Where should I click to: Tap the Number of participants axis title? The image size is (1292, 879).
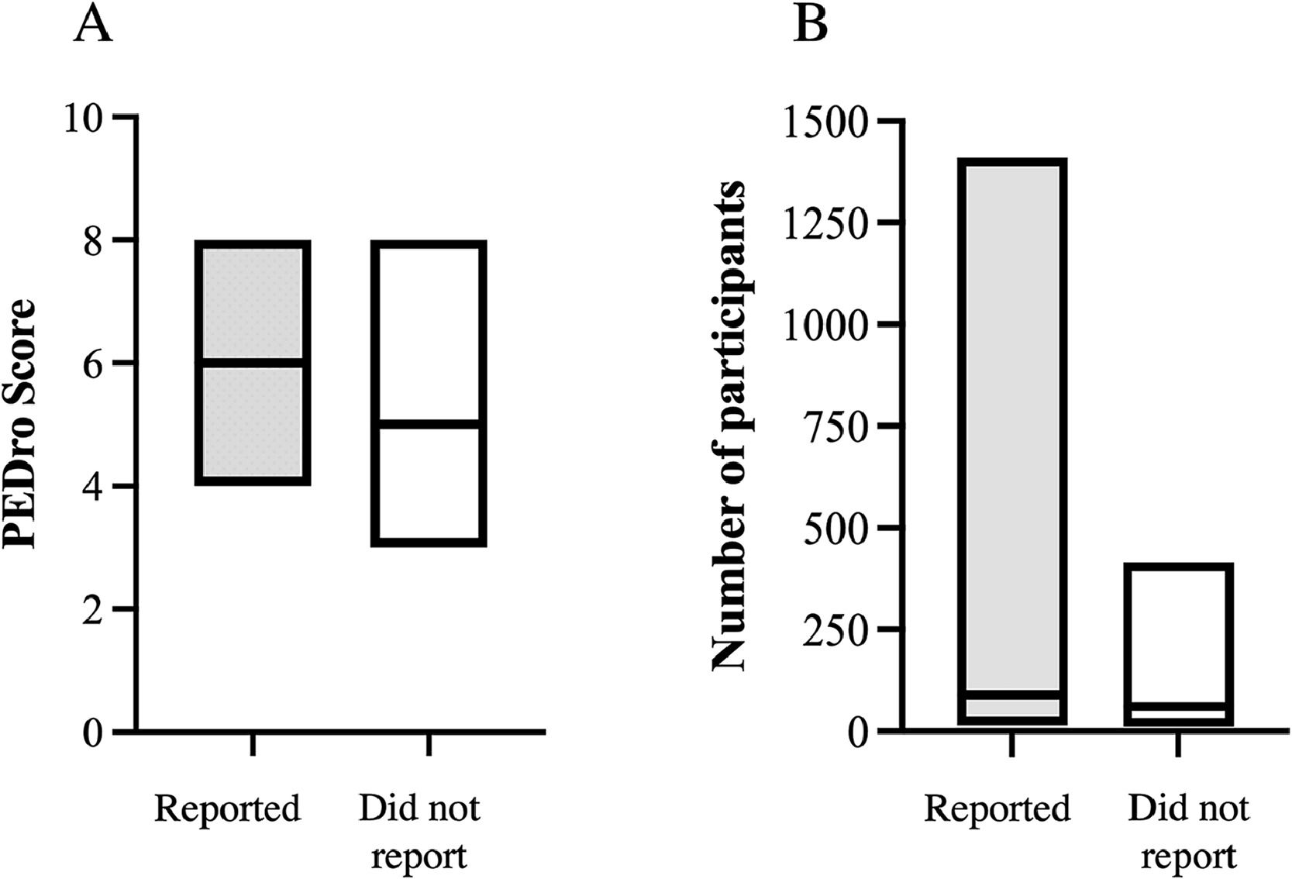pos(729,426)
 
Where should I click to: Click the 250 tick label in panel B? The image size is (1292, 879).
pos(836,630)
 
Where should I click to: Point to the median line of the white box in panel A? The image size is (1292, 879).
pos(429,424)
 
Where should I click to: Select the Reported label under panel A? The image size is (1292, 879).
pos(227,808)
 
